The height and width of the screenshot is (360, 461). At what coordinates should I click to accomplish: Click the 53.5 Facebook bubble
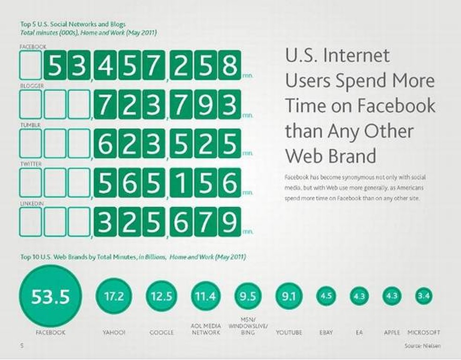(50, 296)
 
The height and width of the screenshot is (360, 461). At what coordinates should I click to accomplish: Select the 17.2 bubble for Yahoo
(114, 296)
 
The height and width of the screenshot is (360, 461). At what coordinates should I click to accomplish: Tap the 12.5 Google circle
(162, 296)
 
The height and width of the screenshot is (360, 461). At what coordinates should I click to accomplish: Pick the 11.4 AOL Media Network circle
(206, 296)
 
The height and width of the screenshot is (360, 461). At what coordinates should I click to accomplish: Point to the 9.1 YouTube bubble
(289, 296)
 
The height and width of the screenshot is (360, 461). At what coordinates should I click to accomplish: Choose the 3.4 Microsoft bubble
(424, 296)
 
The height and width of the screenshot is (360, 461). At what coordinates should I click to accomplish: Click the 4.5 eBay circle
(327, 296)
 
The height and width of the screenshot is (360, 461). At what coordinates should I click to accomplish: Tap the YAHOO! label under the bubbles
(114, 332)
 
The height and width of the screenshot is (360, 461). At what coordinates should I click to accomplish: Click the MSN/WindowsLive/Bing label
(248, 326)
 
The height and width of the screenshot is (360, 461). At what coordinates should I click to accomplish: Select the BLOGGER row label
(32, 86)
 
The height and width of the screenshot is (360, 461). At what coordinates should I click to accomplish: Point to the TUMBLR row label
(30, 125)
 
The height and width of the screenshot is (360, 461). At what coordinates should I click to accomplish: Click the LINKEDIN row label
(32, 203)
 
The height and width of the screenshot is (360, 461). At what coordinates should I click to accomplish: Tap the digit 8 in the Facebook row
(230, 65)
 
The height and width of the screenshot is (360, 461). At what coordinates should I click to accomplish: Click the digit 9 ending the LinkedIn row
(230, 222)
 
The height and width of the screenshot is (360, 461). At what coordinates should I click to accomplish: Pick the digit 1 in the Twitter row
(181, 183)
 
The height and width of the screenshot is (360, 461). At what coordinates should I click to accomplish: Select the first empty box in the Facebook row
(30, 65)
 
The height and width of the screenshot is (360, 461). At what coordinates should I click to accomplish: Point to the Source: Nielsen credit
(423, 345)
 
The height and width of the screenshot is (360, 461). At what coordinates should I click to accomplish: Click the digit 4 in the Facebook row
(105, 65)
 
